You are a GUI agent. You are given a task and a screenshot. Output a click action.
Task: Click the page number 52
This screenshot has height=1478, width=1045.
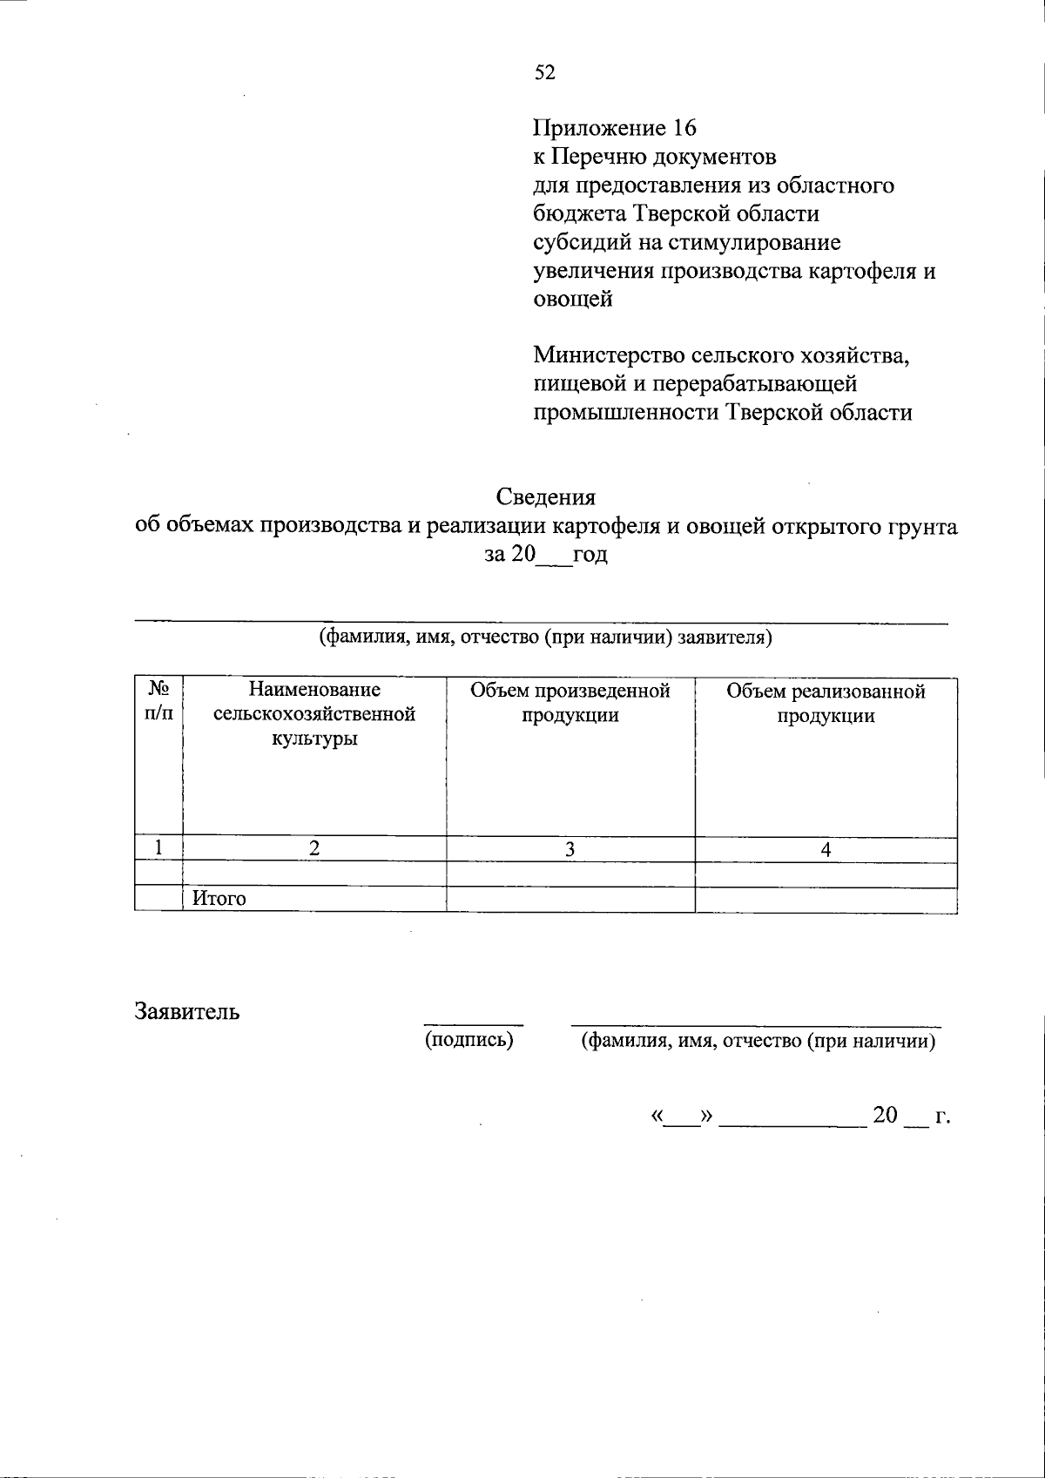(544, 72)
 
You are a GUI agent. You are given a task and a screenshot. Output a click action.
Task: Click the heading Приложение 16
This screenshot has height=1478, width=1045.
(615, 128)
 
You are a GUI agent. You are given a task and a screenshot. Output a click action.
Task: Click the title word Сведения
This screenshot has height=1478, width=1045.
(546, 497)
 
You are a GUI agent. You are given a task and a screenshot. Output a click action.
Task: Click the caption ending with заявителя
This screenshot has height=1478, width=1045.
(546, 638)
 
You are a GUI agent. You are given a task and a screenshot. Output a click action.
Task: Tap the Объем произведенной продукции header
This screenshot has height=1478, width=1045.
(570, 703)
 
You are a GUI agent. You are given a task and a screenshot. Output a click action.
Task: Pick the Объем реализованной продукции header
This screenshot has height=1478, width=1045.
(826, 703)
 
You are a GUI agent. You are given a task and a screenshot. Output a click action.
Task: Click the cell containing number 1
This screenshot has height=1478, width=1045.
(158, 848)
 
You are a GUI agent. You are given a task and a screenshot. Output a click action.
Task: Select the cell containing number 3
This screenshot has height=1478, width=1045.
(570, 849)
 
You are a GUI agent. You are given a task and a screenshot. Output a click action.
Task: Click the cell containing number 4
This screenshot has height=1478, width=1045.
(826, 849)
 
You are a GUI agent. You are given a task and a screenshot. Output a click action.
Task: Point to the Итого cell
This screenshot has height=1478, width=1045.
(219, 899)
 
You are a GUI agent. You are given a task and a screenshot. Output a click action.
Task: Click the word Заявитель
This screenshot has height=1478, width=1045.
(187, 1011)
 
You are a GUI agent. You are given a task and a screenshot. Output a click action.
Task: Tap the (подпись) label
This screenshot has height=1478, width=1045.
(469, 1040)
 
